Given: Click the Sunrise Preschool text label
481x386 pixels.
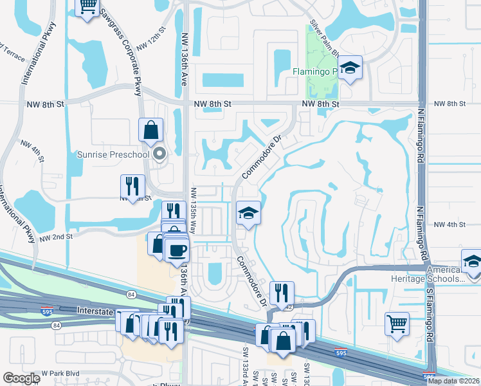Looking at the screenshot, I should point(113,154).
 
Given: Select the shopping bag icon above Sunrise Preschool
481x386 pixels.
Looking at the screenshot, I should point(150,130).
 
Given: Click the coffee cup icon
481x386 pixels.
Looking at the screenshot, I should point(177,250).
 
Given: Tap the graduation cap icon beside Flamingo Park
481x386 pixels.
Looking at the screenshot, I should point(350,68).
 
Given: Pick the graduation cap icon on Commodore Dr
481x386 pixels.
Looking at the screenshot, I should point(248,214).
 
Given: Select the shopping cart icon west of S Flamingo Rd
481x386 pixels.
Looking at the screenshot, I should point(397,323).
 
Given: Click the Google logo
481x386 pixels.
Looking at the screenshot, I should point(21,378).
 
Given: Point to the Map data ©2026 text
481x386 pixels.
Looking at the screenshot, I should point(452,381).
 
